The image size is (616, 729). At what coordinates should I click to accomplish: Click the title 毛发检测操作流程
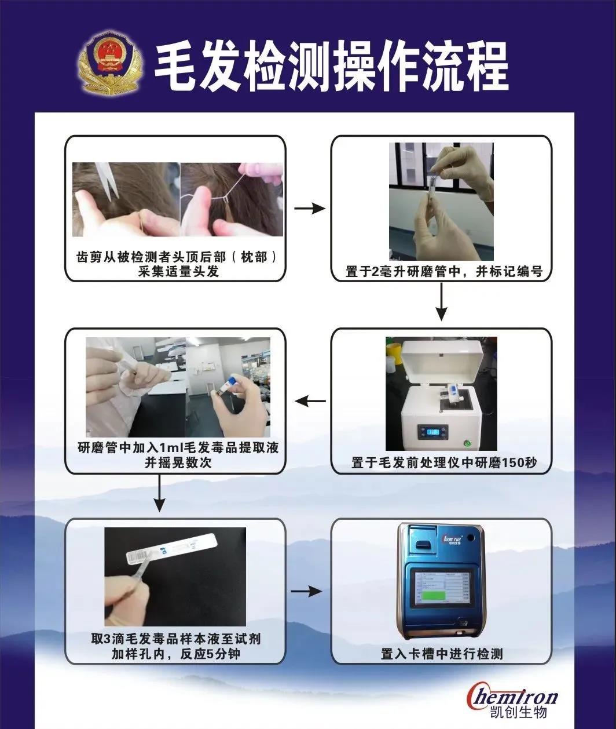tap(331, 68)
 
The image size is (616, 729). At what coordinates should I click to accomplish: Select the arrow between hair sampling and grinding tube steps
tap(309, 209)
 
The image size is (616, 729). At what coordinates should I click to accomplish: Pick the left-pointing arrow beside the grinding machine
tap(309, 400)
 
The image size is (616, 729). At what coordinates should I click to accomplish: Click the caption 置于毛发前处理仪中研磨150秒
tap(443, 463)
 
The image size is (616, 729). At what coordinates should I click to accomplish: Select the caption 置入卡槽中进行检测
tap(441, 654)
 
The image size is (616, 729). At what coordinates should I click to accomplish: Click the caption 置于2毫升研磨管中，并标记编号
tap(443, 271)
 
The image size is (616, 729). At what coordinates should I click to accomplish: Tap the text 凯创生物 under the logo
tap(516, 712)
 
